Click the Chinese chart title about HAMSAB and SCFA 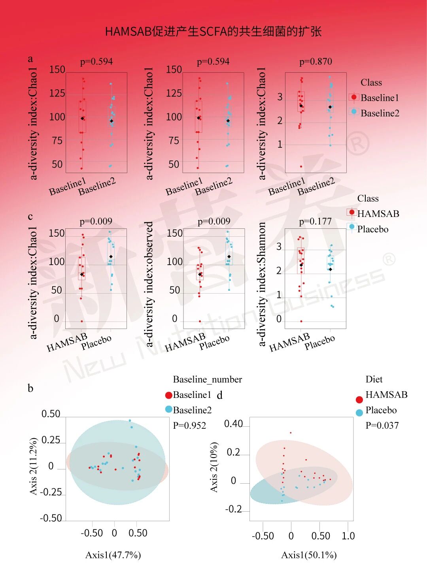pos(213,32)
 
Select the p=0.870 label pos(316,62)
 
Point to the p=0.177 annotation pos(315,222)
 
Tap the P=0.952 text pos(189,426)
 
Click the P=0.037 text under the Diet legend pos(382,426)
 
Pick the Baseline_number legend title pos(208,379)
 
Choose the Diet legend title pos(374,379)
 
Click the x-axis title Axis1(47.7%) pos(113,555)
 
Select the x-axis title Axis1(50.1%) pos(309,555)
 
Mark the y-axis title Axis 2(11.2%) pos(34,466)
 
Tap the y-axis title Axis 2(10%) pos(214,467)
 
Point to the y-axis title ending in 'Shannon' pos(262,284)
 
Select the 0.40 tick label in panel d pos(233,424)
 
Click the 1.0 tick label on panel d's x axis pos(348,536)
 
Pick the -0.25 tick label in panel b pos(51,492)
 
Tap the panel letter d pos(220,395)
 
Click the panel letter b pos(30,388)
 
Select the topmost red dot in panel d pos(291,433)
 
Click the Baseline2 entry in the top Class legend pos(380,113)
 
